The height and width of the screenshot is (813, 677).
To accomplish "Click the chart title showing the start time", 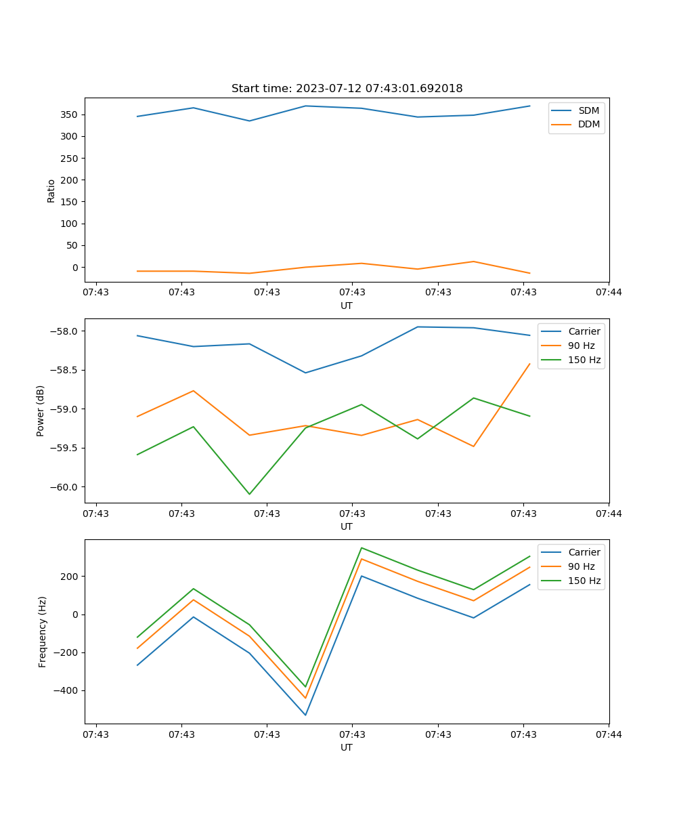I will pos(347,89).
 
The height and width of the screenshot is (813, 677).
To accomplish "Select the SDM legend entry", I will pos(588,110).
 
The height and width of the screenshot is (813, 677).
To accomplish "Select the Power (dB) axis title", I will pos(41,411).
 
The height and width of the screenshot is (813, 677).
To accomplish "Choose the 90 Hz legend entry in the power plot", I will pos(581,346).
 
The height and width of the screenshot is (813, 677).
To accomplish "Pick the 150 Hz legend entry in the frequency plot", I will pos(584,581).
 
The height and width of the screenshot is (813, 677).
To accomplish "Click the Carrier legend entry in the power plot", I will pos(584,331).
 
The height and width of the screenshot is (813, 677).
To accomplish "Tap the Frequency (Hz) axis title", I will pos(43,631).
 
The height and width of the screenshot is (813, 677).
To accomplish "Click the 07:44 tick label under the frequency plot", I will pos(608,734).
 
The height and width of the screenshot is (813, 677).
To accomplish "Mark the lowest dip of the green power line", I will pos(249,494).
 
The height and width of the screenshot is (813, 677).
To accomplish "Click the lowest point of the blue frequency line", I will pos(305,715).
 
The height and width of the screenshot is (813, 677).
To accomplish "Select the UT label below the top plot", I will pos(347,306).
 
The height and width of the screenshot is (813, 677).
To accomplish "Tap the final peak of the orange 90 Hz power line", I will pos(529,364).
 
